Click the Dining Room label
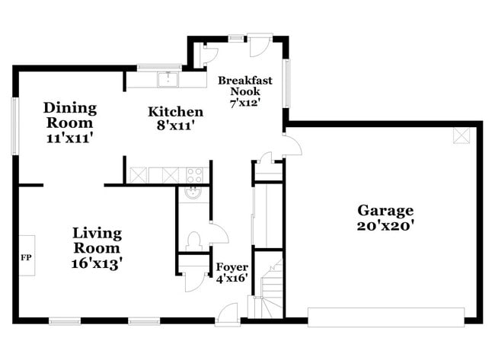[69, 115]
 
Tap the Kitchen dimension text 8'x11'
[175, 127]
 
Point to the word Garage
[385, 210]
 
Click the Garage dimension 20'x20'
[385, 225]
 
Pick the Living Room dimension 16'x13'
[97, 263]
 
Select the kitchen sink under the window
[168, 79]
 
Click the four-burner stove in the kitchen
[194, 174]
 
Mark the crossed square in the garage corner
[461, 135]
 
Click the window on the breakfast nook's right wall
[286, 83]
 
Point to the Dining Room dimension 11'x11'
[69, 138]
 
